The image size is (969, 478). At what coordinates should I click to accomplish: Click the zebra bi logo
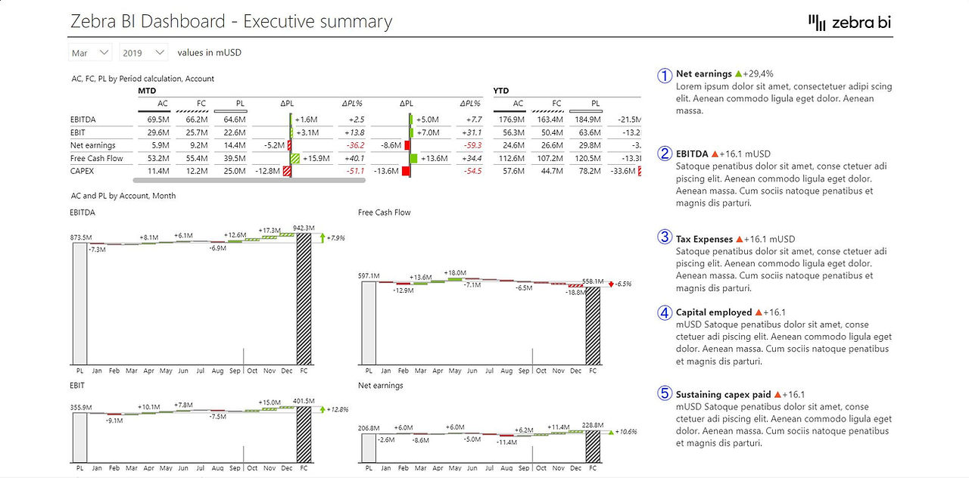[849, 22]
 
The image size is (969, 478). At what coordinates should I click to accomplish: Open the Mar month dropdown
[90, 53]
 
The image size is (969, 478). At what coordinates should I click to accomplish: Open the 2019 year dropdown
[143, 53]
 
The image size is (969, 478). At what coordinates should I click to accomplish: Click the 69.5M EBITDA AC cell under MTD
[158, 119]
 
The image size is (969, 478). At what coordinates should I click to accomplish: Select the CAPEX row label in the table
[82, 171]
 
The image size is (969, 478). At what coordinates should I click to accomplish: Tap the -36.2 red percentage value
[355, 145]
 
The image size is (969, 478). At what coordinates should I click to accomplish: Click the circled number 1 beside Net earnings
[665, 76]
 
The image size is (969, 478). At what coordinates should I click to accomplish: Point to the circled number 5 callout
[665, 393]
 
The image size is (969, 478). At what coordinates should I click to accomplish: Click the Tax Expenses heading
[704, 239]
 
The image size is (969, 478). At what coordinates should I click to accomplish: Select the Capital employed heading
[714, 312]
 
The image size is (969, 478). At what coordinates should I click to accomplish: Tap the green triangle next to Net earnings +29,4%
[738, 74]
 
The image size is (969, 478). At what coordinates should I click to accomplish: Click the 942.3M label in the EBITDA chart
[304, 228]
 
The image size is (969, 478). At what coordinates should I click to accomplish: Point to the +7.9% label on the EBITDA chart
[335, 237]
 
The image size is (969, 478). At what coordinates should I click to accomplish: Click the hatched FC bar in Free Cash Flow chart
[593, 326]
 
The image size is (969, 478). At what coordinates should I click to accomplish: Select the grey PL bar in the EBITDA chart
[79, 304]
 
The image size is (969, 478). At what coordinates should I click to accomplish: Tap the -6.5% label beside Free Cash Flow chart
[623, 284]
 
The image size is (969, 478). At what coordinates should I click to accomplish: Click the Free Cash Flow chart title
[384, 213]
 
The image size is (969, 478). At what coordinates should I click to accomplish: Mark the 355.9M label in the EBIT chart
[81, 407]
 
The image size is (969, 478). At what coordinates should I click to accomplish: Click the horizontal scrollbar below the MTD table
[249, 180]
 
